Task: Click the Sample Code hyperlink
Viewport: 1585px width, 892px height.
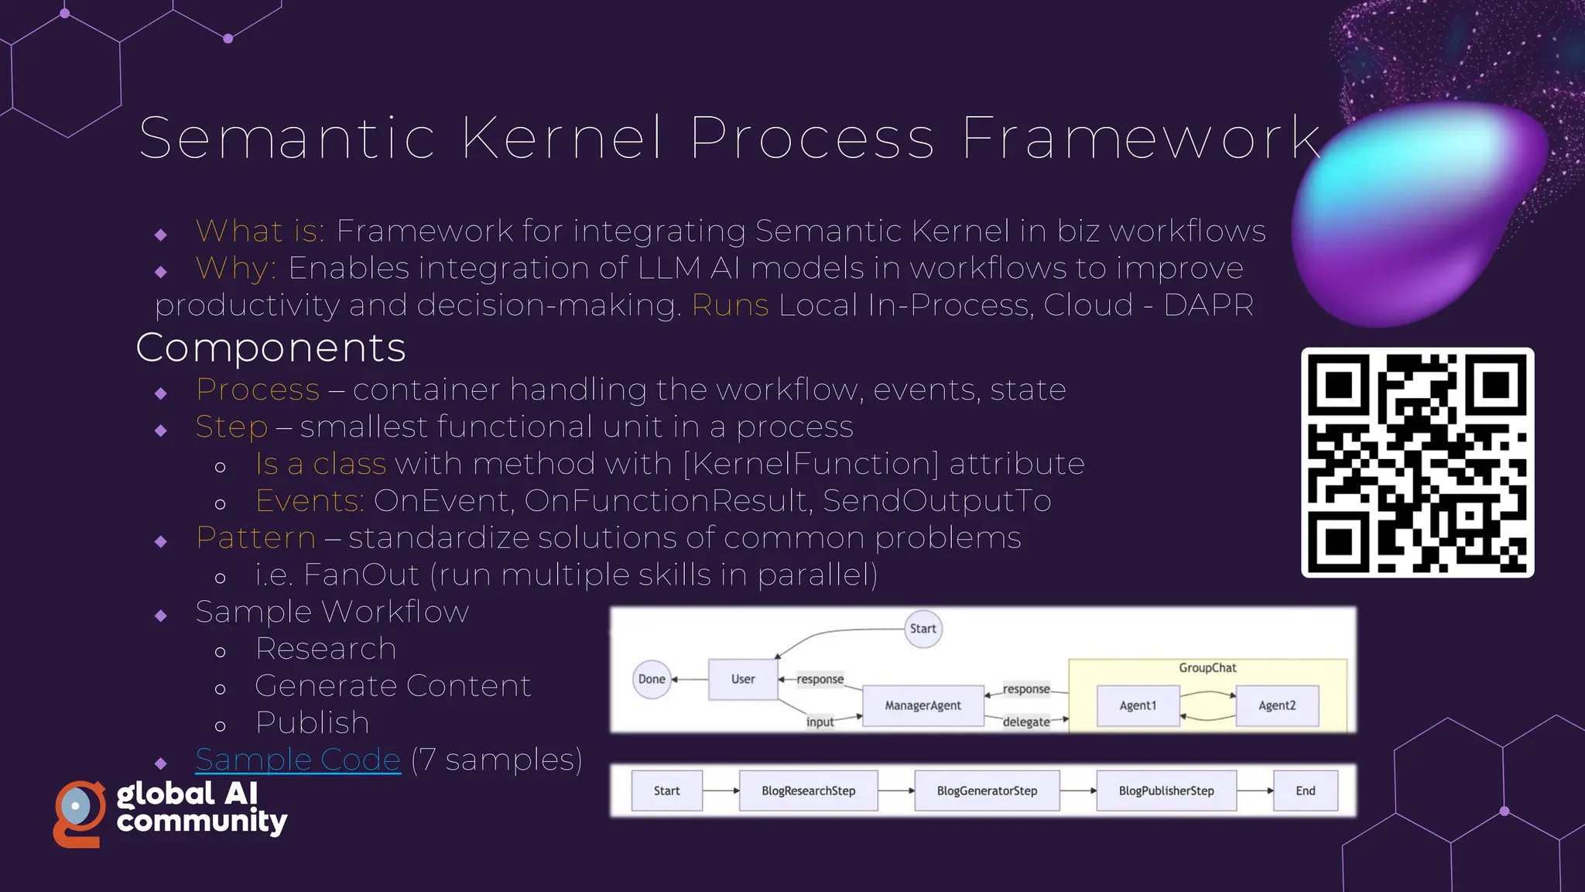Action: pos(298,760)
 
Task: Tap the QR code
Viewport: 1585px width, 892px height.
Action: pos(1417,462)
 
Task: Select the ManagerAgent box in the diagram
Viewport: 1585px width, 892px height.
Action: pos(923,705)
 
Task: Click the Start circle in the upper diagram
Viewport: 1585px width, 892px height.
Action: pos(923,629)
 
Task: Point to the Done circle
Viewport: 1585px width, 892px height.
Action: pos(652,679)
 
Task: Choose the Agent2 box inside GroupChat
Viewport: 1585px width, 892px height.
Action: pos(1277,705)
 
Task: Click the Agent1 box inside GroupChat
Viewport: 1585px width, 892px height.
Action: pos(1138,705)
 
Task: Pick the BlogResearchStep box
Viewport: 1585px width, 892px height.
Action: pos(808,791)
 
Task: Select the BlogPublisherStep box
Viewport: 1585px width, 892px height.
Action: pos(1166,791)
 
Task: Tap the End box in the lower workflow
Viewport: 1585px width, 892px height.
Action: pos(1306,791)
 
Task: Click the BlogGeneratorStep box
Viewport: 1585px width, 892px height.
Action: pos(987,791)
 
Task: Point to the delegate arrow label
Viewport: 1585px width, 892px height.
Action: pos(1026,722)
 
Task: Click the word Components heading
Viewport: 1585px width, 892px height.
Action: pos(271,348)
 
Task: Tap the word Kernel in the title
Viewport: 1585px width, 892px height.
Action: pos(563,138)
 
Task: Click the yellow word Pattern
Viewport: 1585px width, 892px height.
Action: pos(256,537)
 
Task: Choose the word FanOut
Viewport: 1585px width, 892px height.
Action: pos(361,575)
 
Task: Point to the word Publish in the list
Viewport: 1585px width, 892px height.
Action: pos(313,722)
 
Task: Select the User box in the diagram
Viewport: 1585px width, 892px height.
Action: pos(743,679)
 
